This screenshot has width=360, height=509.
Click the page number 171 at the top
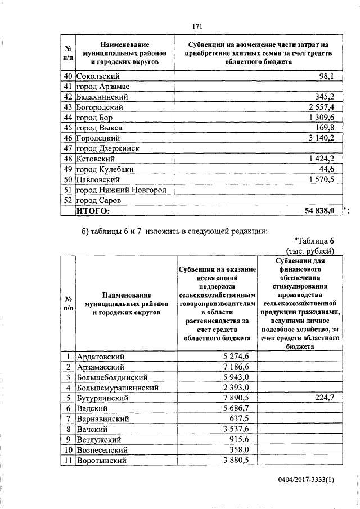[x=197, y=26]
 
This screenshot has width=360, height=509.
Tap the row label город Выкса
[x=100, y=128]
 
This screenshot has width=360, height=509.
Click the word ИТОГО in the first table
[x=94, y=210]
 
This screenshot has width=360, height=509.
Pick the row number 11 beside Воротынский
[x=67, y=460]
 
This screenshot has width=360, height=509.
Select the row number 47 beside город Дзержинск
[x=67, y=148]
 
